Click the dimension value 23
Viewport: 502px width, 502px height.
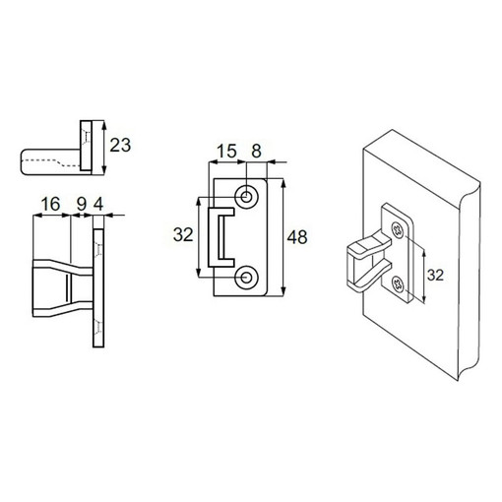(120, 145)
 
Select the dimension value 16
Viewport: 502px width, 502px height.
(50, 204)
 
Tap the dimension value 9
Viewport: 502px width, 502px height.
(82, 205)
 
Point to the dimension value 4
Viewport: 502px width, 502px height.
(98, 205)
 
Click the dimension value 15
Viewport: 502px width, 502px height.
(226, 152)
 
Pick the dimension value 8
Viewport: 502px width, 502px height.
(256, 152)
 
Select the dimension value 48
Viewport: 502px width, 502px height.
(297, 237)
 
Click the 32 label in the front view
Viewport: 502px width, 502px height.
(183, 235)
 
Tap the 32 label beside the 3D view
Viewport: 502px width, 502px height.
(435, 275)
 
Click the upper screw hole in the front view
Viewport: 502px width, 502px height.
(246, 197)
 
